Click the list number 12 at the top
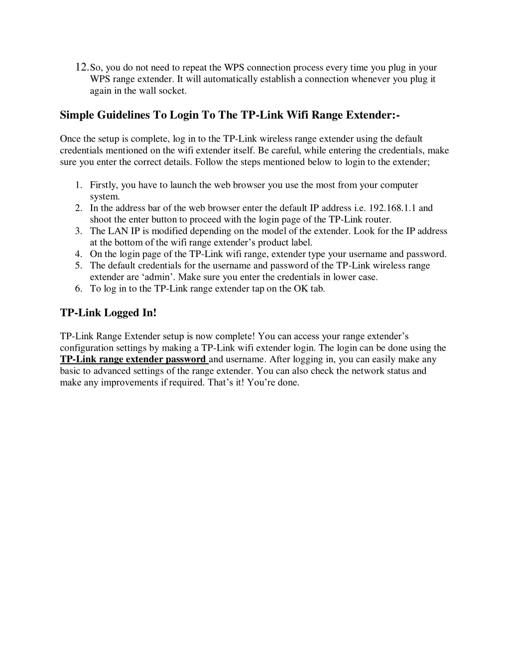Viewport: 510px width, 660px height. click(x=81, y=67)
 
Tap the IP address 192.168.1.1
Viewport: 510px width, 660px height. click(x=395, y=208)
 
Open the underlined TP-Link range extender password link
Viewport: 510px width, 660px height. click(x=133, y=359)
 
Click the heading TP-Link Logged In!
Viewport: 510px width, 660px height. click(x=108, y=313)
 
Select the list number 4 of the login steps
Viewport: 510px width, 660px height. click(x=79, y=254)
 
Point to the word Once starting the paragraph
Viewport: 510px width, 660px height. click(x=70, y=138)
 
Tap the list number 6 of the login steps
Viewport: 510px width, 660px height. click(x=79, y=288)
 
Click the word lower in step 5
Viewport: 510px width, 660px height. click(x=345, y=277)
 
